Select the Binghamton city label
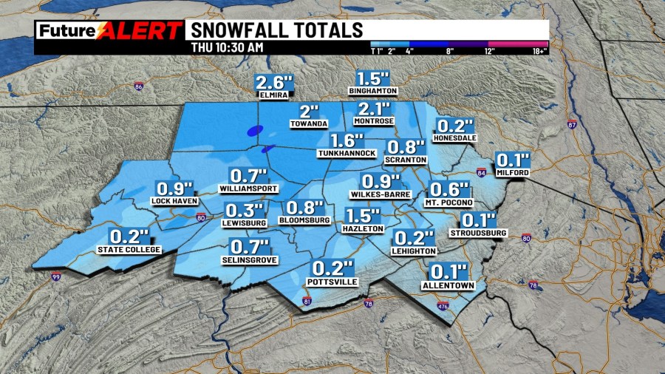tap(374, 91)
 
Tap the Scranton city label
tap(406, 159)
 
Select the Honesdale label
tap(455, 138)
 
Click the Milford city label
tap(513, 172)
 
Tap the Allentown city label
tap(448, 285)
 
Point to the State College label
tap(129, 250)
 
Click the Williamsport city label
tap(248, 188)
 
